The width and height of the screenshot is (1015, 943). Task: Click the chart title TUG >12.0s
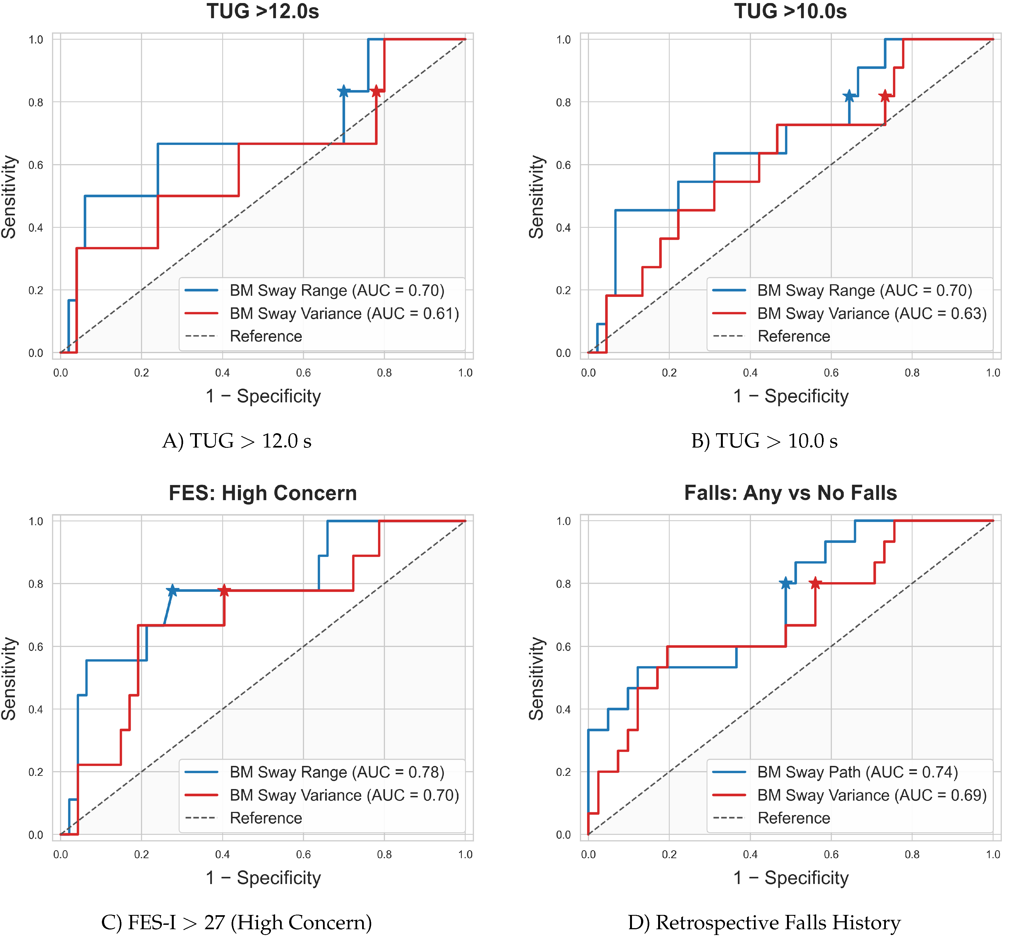(263, 11)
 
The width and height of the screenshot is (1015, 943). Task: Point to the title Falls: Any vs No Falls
(791, 493)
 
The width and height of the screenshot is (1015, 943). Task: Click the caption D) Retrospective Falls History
(764, 923)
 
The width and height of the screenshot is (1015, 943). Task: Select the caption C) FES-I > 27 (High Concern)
(236, 923)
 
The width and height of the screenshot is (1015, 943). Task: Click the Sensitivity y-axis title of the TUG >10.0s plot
(536, 197)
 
